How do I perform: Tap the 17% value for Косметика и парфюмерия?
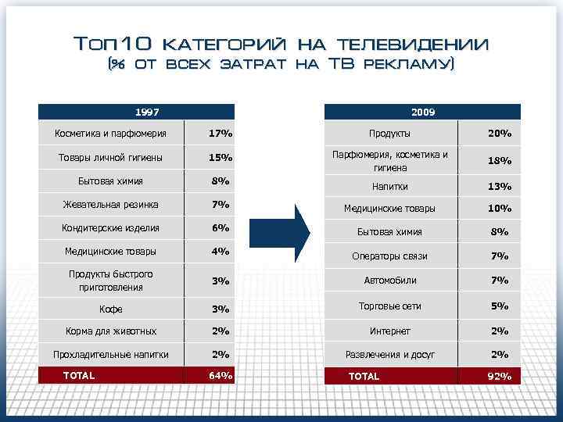click(221, 134)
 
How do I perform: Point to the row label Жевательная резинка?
click(110, 205)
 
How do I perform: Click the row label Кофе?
click(110, 309)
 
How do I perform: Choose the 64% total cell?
click(221, 376)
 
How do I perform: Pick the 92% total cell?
click(499, 377)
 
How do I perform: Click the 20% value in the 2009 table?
click(500, 134)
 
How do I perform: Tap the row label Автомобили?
click(390, 281)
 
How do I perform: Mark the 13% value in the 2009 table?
click(499, 187)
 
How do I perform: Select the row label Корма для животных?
click(110, 331)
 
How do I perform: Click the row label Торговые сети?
click(389, 306)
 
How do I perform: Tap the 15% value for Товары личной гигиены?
click(221, 158)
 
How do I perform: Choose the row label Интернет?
click(389, 331)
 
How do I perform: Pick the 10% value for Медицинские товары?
click(499, 209)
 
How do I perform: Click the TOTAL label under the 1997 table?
click(79, 376)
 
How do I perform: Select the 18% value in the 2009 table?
click(499, 161)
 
